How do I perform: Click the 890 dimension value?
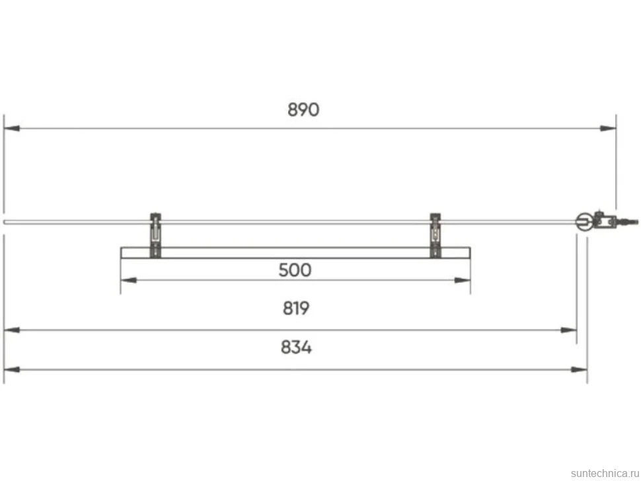[x=303, y=110]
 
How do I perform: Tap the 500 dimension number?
[x=295, y=270]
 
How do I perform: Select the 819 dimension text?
[x=296, y=308]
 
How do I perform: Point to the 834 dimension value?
[x=296, y=348]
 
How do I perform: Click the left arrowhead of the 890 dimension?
[x=11, y=128]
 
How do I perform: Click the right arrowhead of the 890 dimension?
[x=609, y=128]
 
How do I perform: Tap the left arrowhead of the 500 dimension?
[x=128, y=280]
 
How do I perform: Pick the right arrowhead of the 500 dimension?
[x=463, y=280]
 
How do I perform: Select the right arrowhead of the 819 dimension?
[x=569, y=330]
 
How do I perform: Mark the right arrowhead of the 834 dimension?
[x=580, y=369]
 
